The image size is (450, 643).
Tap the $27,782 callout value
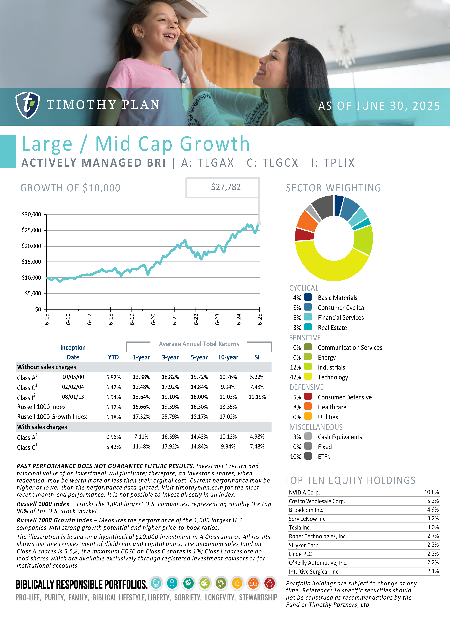pyautogui.click(x=226, y=187)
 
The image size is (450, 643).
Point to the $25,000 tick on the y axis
pyautogui.click(x=31, y=230)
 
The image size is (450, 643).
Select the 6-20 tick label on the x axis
pyautogui.click(x=153, y=319)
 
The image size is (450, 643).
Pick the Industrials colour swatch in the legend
pyautogui.click(x=308, y=367)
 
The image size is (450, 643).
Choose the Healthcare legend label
pyautogui.click(x=332, y=407)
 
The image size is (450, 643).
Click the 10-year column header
pyautogui.click(x=228, y=357)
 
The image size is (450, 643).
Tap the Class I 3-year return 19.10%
pyautogui.click(x=170, y=397)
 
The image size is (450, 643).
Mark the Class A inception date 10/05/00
pyautogui.click(x=73, y=377)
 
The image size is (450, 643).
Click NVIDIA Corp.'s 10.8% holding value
pyautogui.click(x=431, y=492)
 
